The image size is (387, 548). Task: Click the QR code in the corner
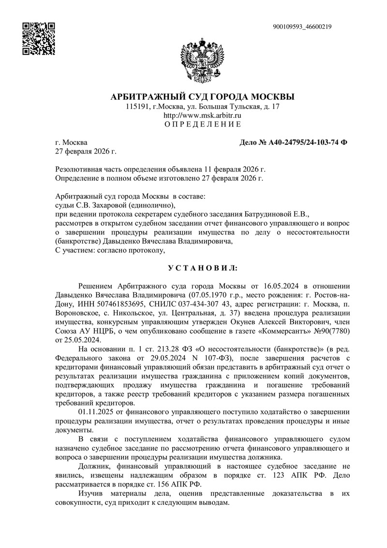tap(39, 38)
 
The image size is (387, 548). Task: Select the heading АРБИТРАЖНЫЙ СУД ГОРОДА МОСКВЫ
tap(203, 96)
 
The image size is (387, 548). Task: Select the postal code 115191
tap(137, 106)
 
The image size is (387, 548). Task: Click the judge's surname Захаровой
tap(128, 205)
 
